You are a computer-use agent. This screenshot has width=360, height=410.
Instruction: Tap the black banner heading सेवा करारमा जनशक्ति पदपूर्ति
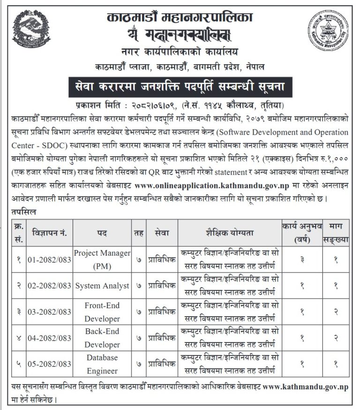[180, 88]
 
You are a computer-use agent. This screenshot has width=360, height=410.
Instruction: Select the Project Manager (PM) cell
[102, 259]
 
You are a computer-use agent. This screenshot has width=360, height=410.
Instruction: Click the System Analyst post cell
[102, 285]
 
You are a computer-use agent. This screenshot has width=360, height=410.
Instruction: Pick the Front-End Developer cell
[102, 311]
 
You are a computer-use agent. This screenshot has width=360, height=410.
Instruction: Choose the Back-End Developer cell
[102, 338]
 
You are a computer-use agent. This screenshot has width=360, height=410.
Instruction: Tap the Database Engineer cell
[102, 364]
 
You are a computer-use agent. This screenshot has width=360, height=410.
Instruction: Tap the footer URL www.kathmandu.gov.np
[305, 388]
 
